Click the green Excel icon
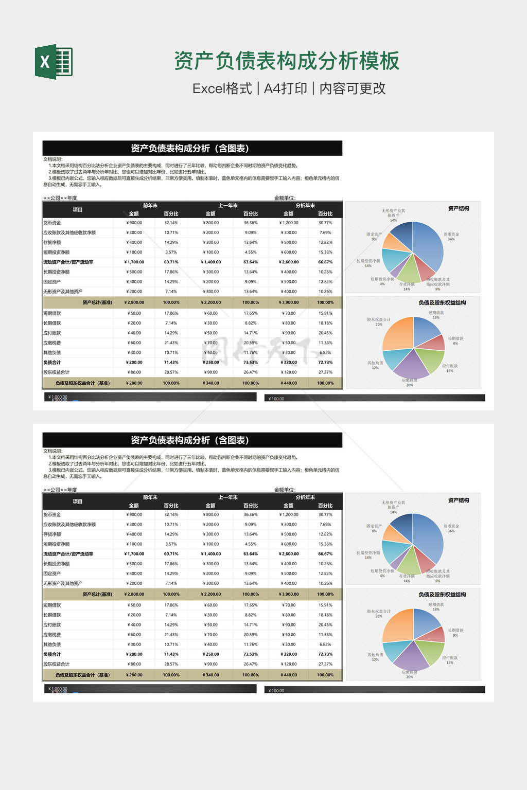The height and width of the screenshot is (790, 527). [x=54, y=62]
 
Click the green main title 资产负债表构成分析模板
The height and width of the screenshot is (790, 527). [x=286, y=61]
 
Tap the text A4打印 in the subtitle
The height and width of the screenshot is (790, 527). [x=285, y=88]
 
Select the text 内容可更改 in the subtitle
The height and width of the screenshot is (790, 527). [x=353, y=88]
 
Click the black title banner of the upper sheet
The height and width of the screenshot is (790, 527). [x=192, y=148]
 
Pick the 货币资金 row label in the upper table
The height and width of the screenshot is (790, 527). [x=52, y=223]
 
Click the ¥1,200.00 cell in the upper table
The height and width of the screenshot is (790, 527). [x=289, y=223]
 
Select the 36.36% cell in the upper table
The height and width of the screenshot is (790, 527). [x=251, y=223]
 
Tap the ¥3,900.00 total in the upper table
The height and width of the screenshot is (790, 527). [x=289, y=302]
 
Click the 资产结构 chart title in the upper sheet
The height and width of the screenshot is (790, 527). [x=458, y=208]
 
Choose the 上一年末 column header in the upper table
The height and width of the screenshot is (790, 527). [x=228, y=206]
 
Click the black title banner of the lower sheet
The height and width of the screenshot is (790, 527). [x=192, y=440]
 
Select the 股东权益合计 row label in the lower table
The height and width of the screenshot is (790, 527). [x=57, y=664]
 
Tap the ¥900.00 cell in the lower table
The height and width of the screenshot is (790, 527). [x=134, y=514]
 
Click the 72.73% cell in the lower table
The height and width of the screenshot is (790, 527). [x=325, y=654]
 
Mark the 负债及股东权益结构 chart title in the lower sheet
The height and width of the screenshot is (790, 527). [x=442, y=595]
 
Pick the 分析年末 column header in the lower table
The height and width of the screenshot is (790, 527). [x=305, y=497]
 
